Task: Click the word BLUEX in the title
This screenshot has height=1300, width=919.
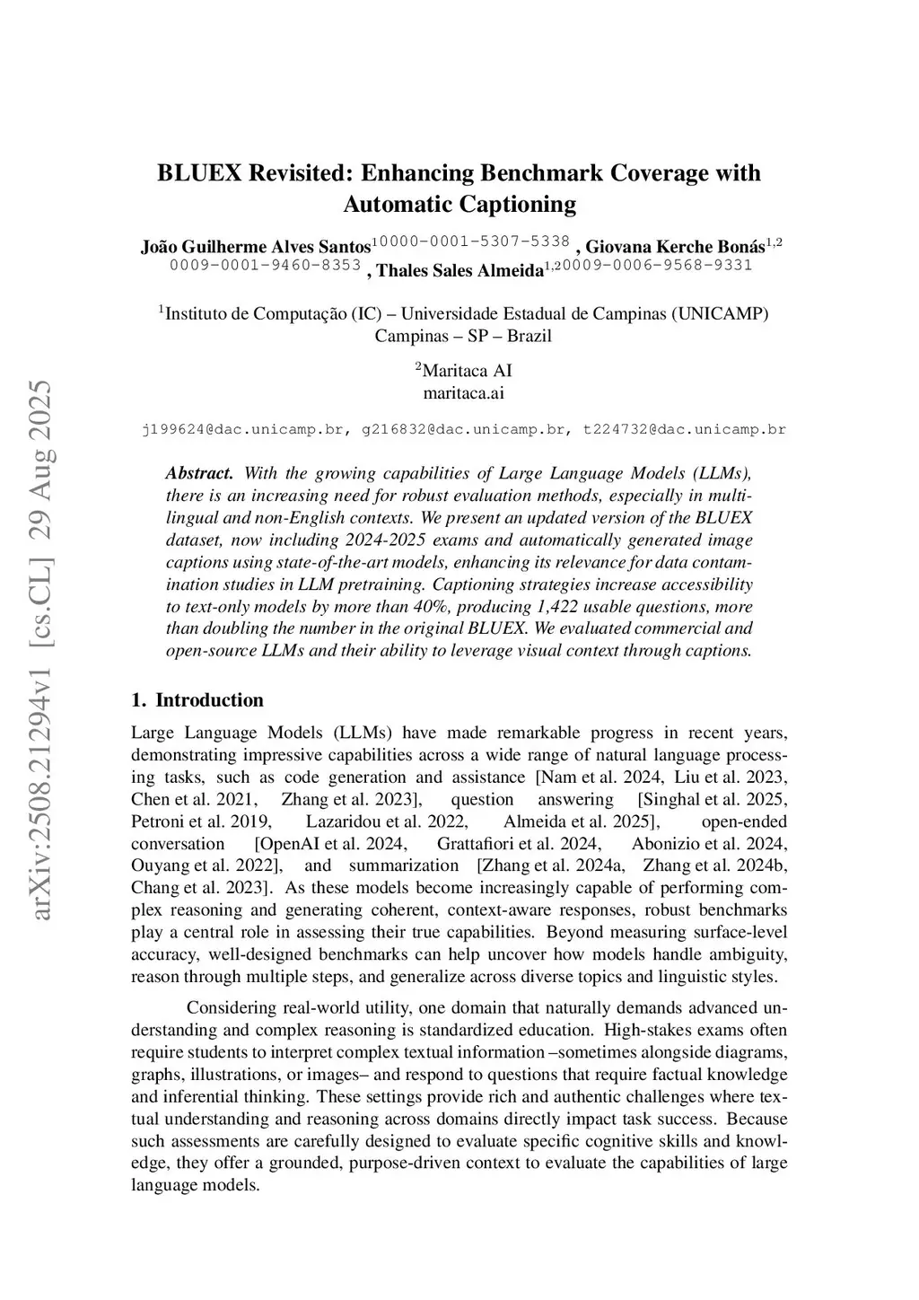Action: pos(200,172)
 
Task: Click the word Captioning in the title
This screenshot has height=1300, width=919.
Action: pos(518,205)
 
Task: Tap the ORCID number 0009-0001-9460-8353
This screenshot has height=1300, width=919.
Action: pos(265,265)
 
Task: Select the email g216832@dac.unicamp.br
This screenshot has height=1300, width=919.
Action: pos(463,429)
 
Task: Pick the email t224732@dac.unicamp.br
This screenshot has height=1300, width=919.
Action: pos(684,429)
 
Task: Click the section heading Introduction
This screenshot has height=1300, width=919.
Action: pos(209,700)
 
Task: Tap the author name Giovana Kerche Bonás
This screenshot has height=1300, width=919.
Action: pos(675,246)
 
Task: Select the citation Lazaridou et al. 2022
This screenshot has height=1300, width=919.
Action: pos(386,821)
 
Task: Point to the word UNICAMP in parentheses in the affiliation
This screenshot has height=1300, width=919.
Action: pos(719,314)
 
